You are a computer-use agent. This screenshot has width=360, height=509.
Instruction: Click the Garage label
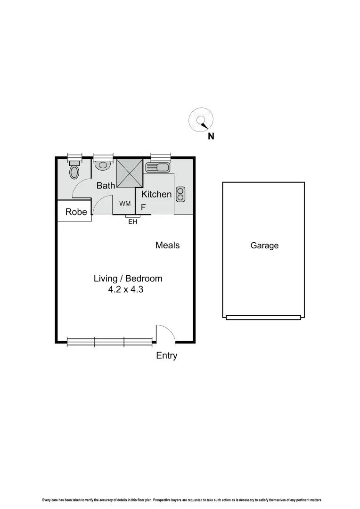(264, 246)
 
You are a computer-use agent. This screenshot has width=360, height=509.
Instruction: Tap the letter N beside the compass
(211, 137)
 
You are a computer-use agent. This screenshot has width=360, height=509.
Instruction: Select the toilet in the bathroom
(74, 171)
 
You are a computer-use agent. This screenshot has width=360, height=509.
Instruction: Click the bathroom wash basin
(103, 165)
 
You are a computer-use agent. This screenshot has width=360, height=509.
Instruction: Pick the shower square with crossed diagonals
(129, 173)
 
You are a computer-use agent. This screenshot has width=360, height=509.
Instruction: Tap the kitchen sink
(158, 167)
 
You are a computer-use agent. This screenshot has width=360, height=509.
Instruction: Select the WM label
(125, 204)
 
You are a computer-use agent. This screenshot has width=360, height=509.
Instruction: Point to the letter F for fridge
(144, 207)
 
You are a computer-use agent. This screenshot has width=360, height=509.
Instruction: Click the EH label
(133, 222)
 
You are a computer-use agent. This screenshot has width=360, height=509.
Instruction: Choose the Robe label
(76, 212)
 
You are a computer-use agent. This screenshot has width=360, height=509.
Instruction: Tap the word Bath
(106, 186)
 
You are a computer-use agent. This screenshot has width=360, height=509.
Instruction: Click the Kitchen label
(156, 194)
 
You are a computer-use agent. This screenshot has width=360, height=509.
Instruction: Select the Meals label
(167, 245)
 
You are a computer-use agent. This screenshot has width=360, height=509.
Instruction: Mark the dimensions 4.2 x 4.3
(125, 290)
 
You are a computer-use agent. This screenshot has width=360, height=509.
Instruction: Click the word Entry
(167, 356)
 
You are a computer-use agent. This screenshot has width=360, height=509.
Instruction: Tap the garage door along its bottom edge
(263, 318)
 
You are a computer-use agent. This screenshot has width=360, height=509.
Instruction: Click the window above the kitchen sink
(160, 156)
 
